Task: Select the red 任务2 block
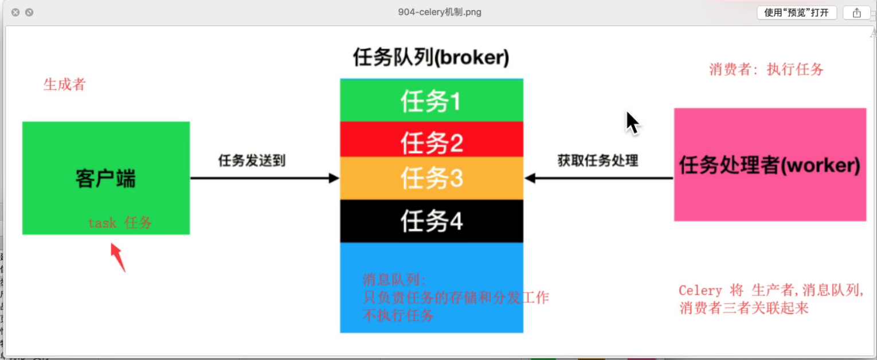point(431,141)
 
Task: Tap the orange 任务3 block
point(431,178)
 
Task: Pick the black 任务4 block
point(431,221)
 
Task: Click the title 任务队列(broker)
point(431,58)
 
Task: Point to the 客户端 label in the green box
point(105,179)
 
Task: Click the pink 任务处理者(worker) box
point(769,165)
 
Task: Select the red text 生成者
point(64,85)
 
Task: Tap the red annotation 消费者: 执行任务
point(766,70)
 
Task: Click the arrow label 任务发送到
point(252,161)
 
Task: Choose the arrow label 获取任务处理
point(598,161)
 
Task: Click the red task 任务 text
point(120,223)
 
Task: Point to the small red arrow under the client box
point(118,256)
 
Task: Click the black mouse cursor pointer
point(631,122)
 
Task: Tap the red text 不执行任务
point(398,315)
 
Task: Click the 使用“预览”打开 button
point(796,13)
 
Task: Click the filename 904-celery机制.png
point(439,12)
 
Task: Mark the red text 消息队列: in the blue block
point(394,280)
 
